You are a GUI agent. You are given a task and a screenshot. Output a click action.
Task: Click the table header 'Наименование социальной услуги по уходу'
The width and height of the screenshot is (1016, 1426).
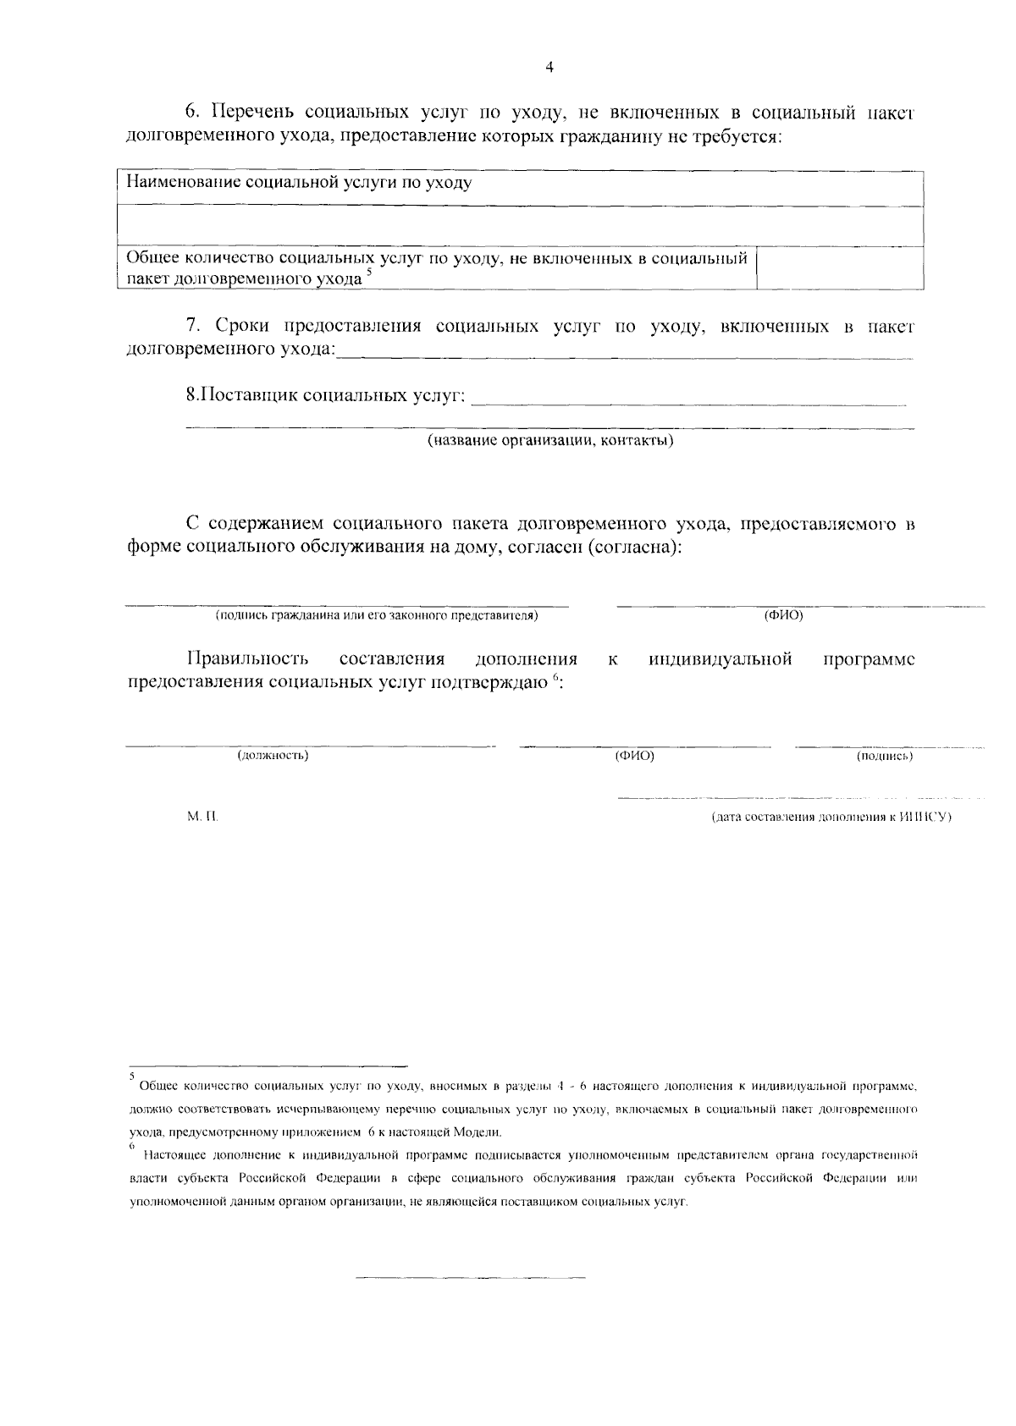299,182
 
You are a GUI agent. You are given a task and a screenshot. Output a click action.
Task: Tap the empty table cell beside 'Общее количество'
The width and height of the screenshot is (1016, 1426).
838,267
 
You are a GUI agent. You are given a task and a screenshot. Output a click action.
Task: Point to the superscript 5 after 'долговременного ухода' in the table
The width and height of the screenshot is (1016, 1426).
369,273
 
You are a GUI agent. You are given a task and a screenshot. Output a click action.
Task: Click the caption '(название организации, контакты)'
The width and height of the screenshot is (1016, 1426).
549,441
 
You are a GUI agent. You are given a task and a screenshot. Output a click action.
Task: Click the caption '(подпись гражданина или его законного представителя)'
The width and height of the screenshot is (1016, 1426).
377,615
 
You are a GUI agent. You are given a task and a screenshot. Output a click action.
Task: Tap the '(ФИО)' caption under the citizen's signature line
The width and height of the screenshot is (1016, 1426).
783,615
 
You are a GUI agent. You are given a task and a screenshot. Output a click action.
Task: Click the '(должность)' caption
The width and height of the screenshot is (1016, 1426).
273,755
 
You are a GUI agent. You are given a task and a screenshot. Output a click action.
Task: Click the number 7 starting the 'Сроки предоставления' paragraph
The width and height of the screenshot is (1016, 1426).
190,327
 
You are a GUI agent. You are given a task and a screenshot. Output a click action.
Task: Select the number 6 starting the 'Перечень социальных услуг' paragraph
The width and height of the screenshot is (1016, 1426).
190,112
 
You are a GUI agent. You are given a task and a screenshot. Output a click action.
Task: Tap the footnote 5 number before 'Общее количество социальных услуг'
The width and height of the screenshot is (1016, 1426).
131,1076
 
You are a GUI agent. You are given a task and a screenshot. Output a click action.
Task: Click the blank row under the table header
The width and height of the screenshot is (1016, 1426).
519,226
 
